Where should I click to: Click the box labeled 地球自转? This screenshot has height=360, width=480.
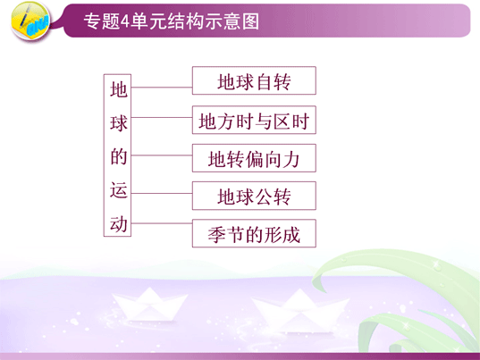[254, 80]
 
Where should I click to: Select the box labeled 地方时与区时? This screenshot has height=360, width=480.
[254, 120]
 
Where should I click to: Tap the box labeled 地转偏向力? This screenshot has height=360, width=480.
[254, 158]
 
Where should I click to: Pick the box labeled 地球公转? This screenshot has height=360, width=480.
[254, 196]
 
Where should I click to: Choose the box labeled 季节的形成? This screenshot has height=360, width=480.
[254, 233]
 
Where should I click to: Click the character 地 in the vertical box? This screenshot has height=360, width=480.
[119, 89]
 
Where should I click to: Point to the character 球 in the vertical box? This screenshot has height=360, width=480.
[119, 123]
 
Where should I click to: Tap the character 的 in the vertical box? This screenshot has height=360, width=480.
[119, 156]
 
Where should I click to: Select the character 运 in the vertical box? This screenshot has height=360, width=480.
[119, 190]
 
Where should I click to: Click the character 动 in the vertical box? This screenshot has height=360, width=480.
[119, 223]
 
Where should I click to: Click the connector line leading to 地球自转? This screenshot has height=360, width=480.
[162, 88]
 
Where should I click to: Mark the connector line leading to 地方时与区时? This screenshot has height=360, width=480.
[162, 117]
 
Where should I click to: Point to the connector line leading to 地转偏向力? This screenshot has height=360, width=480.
[162, 155]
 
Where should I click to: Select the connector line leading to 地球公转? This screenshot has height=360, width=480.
[162, 193]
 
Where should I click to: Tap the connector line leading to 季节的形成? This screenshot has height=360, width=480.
[162, 223]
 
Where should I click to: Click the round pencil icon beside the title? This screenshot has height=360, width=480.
[30, 21]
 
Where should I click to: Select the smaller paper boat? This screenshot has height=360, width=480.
[149, 304]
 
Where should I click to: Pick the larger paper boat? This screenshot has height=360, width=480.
[299, 312]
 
